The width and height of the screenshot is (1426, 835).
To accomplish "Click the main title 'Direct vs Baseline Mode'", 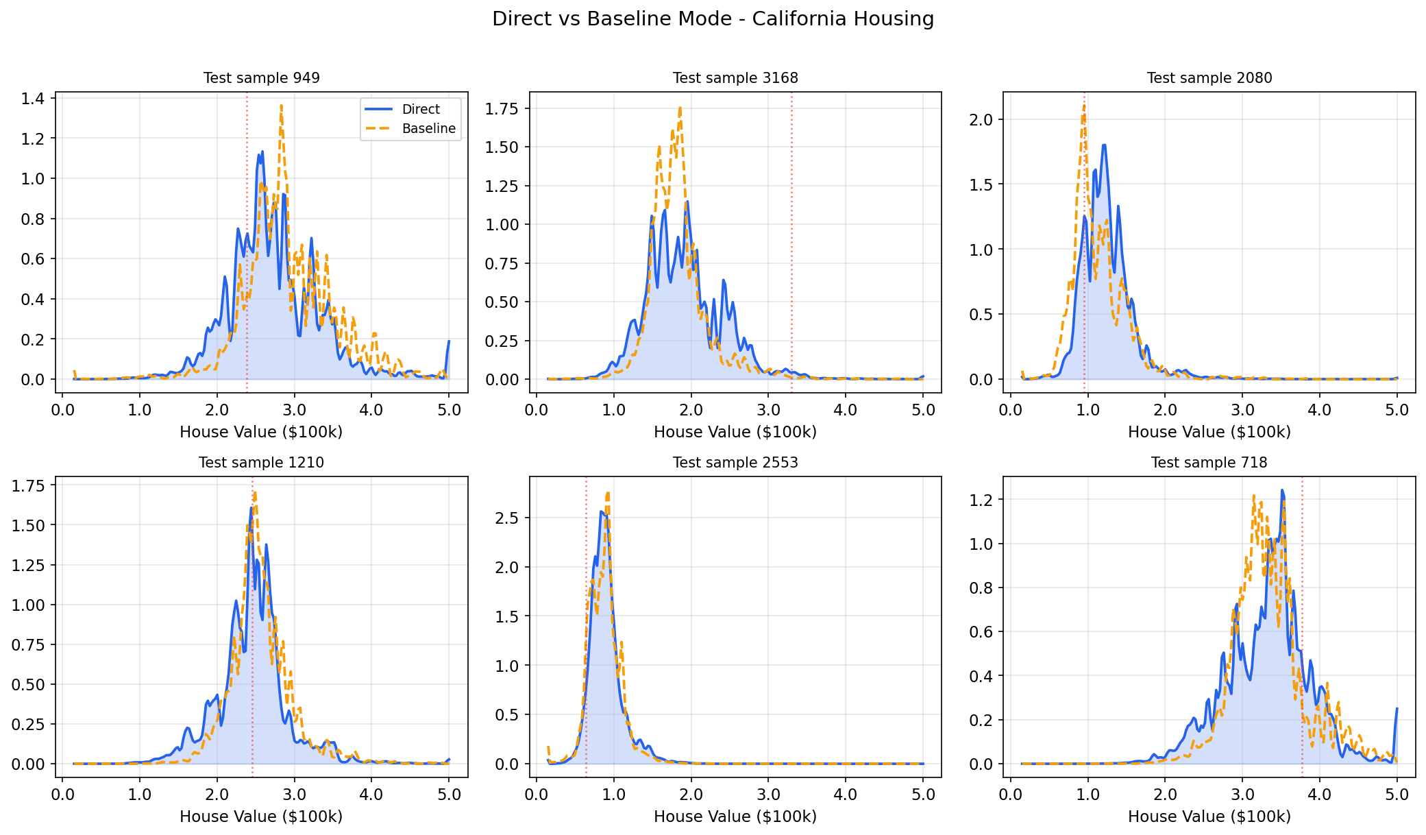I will (713, 19).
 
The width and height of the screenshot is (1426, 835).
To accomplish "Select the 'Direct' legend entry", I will (420, 110).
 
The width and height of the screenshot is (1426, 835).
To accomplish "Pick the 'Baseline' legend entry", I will (428, 129).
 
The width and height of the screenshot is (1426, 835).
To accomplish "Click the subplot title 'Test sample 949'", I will (261, 78).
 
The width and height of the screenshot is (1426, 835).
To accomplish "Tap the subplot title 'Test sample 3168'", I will (735, 78).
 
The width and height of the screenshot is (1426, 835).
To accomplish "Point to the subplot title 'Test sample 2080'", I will (1209, 78).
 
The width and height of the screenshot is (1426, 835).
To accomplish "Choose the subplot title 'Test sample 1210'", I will (261, 463).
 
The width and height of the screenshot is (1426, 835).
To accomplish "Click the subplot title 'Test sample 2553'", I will (735, 463).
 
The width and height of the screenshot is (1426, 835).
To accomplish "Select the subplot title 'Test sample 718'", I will (1209, 463).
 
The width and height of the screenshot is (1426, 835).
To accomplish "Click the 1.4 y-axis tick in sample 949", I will (33, 99).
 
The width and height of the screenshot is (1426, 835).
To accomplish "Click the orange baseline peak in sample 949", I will (281, 106).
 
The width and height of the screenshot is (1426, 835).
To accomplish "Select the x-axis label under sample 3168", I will (735, 432).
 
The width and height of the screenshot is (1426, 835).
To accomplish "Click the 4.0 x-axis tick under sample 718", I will (1320, 795).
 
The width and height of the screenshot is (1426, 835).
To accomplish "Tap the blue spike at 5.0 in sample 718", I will (1397, 710).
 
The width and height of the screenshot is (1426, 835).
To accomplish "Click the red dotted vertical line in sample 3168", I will (791, 240).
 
